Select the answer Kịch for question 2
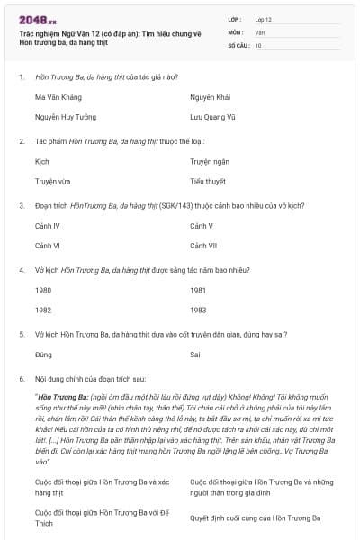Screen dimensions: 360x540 tap(41, 161)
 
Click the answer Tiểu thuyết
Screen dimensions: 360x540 tap(208, 181)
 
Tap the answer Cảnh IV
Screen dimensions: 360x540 tap(47, 225)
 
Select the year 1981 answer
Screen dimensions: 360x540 tap(198, 290)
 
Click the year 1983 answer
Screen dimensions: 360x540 tap(198, 310)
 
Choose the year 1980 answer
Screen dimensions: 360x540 tap(43, 290)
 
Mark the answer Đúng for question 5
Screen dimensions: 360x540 tap(43, 355)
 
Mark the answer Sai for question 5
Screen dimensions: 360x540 tap(195, 355)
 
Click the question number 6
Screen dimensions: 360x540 tap(21, 379)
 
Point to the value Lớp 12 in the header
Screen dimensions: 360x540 tap(263, 19)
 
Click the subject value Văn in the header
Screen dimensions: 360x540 tap(259, 31)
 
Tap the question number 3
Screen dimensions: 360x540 tap(21, 205)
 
